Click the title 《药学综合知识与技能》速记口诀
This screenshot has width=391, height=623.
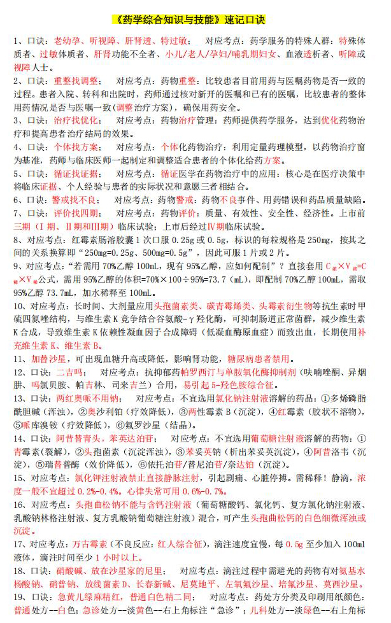coord(195,19)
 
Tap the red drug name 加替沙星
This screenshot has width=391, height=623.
coord(47,359)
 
